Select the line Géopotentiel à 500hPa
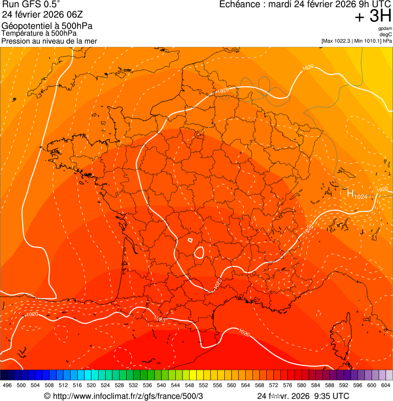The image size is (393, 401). (x=47, y=26)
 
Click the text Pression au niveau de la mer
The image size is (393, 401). (x=49, y=41)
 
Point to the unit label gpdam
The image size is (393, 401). (x=384, y=29)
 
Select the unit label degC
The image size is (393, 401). (x=386, y=34)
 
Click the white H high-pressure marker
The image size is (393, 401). (x=351, y=193)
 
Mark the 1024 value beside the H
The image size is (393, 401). (x=361, y=197)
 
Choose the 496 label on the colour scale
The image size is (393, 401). (x=7, y=385)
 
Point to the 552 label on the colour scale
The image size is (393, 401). (x=203, y=385)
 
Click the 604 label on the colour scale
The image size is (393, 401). (x=385, y=385)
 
